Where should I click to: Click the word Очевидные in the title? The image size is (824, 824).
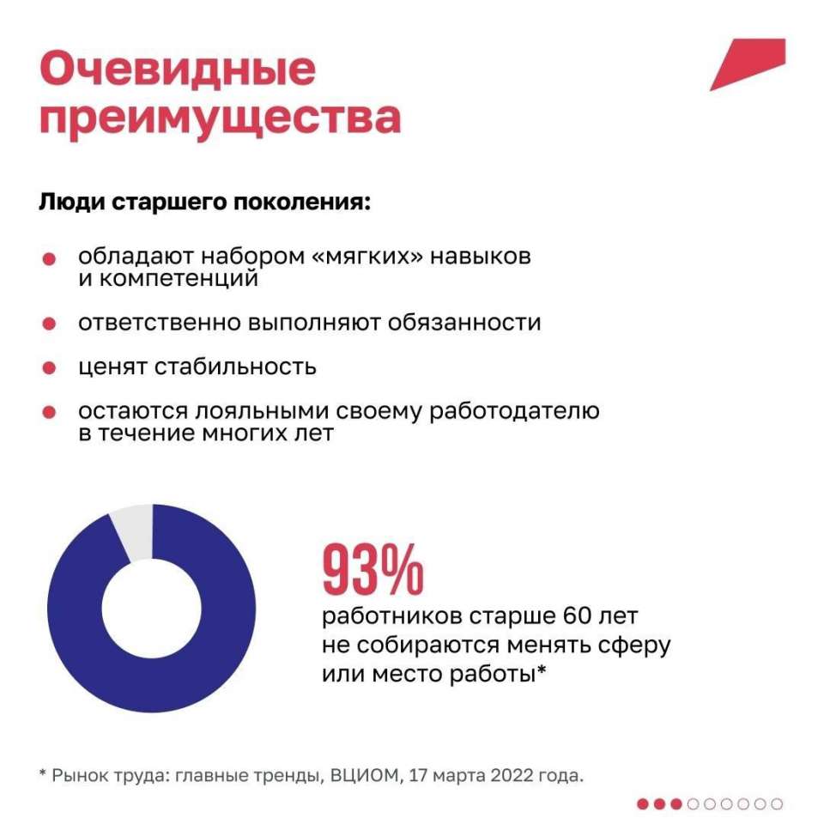[x=178, y=69]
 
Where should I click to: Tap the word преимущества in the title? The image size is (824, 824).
[x=221, y=118]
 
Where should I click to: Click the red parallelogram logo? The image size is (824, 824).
[x=748, y=64]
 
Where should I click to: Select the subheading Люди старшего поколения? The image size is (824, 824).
[x=204, y=203]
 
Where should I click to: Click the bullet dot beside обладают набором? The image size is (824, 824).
[x=49, y=258]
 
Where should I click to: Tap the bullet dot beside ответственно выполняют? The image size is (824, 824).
[x=49, y=324]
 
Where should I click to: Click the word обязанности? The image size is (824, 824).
[x=464, y=322]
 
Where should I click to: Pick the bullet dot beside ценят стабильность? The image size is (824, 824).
[x=49, y=368]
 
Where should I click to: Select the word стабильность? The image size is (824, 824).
[x=235, y=367]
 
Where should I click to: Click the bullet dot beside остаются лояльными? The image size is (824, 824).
[x=49, y=412]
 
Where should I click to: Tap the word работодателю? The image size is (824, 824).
[x=514, y=411]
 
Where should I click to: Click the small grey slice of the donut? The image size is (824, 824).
[x=134, y=530]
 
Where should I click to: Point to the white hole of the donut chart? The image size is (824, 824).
[x=151, y=609]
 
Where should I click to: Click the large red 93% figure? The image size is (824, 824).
[x=373, y=570]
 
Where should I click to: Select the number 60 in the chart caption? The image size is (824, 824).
[x=577, y=615]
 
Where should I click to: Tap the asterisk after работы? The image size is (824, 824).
[x=542, y=669]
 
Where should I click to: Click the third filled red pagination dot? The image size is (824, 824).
[x=676, y=804]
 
